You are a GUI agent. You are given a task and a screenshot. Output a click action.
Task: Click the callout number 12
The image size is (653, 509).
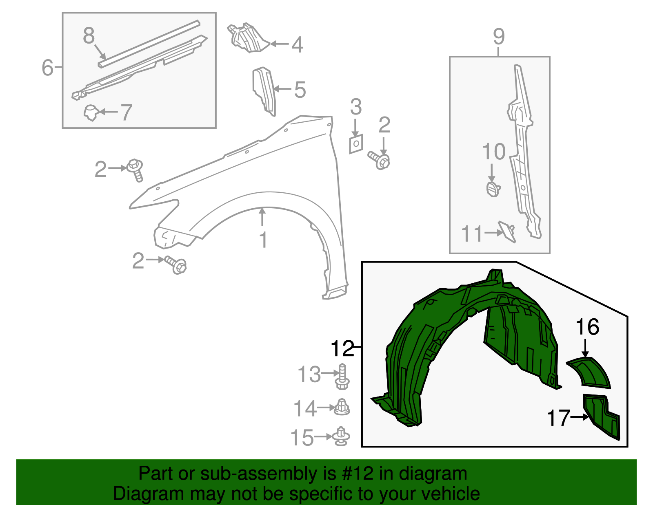point(342,348)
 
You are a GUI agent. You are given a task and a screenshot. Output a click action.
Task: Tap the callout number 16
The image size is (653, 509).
point(587,327)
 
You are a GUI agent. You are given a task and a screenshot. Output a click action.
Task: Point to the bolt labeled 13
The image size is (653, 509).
point(342,377)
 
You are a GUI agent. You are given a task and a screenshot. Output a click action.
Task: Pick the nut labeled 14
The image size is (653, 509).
point(342,407)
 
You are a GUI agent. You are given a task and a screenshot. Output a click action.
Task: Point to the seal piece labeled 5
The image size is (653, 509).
point(264,90)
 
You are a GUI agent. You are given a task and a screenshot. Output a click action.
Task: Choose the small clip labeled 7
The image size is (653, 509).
point(91,112)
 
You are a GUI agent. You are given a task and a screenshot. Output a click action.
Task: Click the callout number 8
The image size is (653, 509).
point(89,35)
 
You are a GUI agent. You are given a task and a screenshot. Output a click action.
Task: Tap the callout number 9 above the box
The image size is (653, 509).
point(498,37)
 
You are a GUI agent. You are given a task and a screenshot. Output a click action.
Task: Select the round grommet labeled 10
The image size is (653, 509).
point(493,189)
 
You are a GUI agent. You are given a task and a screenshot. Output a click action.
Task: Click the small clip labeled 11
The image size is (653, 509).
point(508,231)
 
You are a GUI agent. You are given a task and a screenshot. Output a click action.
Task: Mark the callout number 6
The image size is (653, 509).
point(47,67)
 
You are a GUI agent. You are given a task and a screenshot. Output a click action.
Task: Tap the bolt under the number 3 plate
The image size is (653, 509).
point(380,160)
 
